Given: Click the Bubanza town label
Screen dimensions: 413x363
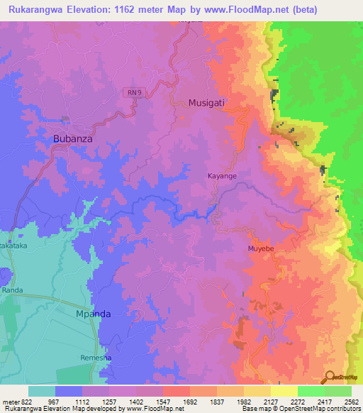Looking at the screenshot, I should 73,139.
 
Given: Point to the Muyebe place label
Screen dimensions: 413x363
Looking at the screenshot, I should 260,249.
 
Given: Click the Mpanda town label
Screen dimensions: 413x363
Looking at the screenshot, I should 94,313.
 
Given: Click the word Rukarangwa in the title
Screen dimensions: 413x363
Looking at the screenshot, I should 37,10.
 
